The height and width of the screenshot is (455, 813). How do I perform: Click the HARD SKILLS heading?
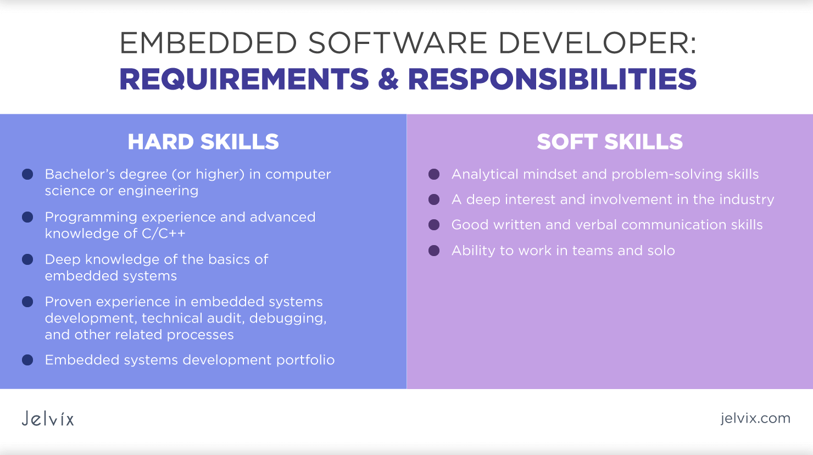click(203, 142)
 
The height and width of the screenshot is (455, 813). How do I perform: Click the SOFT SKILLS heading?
click(610, 142)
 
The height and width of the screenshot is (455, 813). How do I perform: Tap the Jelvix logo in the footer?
click(48, 419)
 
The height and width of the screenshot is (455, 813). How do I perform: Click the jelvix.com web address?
click(755, 418)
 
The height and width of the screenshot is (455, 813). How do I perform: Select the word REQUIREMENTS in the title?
click(244, 79)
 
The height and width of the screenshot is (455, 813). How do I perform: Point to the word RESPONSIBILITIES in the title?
click(552, 79)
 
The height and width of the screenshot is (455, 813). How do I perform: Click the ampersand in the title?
click(388, 79)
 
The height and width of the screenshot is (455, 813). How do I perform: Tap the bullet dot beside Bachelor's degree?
click(27, 174)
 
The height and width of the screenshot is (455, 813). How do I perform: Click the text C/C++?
click(163, 234)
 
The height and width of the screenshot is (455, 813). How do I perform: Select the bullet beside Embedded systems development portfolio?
click(27, 360)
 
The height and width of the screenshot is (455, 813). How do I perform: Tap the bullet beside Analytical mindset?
click(434, 174)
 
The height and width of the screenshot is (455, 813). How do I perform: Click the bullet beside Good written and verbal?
click(434, 225)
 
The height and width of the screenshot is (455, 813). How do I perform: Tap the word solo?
click(661, 251)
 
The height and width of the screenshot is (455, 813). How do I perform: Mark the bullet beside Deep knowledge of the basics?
click(27, 259)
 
